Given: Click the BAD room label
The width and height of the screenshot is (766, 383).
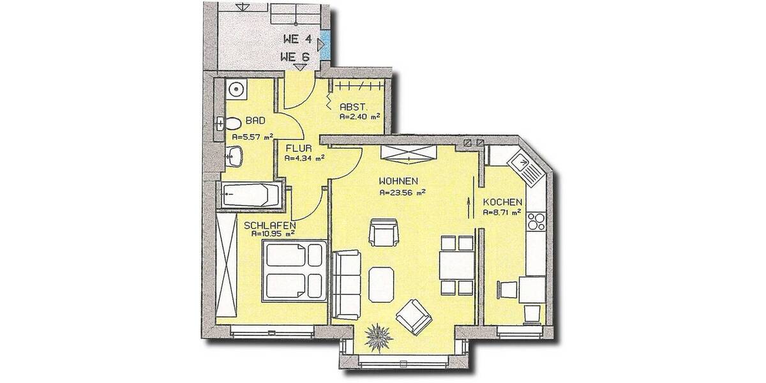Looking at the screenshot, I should click(x=255, y=120).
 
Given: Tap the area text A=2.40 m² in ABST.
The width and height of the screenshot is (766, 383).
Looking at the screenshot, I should click(x=359, y=117).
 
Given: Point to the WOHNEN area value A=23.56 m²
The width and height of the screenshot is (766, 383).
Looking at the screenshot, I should click(x=402, y=191).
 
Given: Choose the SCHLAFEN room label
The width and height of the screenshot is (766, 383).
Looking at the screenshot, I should click(x=269, y=225).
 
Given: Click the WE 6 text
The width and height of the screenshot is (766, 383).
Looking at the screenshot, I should click(x=295, y=57).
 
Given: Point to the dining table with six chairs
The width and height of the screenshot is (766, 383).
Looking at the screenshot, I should click(x=456, y=264).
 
